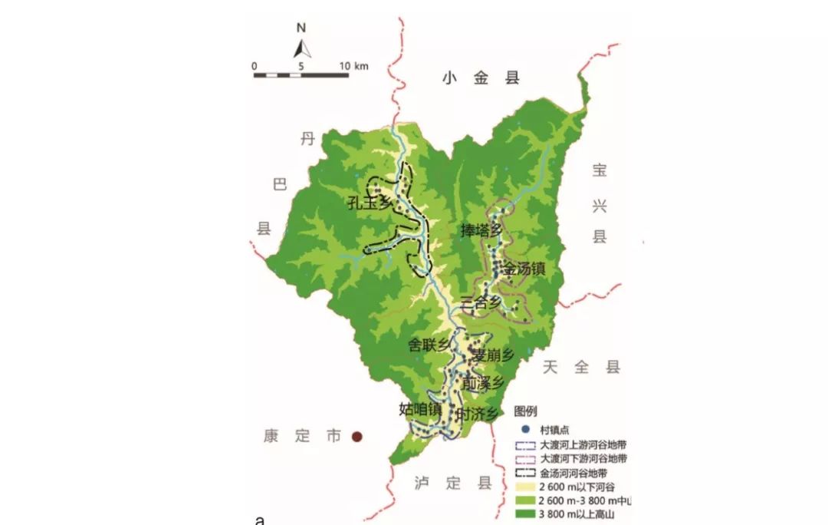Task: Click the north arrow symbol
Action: click(302, 49)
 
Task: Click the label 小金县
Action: click(481, 78)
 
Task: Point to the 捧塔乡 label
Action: click(481, 230)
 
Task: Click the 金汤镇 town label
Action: click(524, 269)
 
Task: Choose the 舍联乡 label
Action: click(429, 346)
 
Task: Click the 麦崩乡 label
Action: click(493, 355)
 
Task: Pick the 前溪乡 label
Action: click(484, 381)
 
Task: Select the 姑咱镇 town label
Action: click(420, 408)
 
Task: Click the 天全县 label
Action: click(580, 367)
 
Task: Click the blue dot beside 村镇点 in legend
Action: click(524, 430)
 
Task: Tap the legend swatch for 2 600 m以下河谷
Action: click(524, 487)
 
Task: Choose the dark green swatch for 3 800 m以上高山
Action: click(524, 515)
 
